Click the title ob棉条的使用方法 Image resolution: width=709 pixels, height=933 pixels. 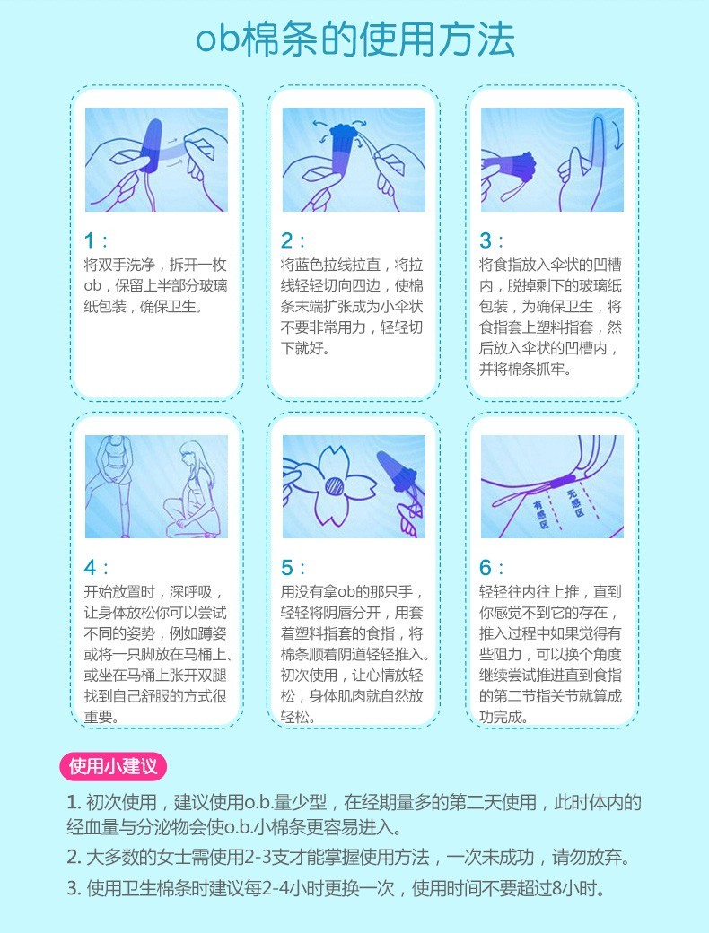pos(355,40)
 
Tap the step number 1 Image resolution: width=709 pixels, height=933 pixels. pos(90,240)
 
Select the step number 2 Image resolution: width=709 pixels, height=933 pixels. pos(287,240)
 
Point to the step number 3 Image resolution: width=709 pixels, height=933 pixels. pos(486,240)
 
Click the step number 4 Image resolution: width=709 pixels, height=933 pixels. pos(90,568)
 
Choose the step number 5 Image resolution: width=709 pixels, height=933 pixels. pos(287,568)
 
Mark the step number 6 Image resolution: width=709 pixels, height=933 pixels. pos(486,568)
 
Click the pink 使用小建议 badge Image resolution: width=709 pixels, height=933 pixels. pos(113,766)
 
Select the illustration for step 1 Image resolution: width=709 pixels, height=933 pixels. pos(156,160)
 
